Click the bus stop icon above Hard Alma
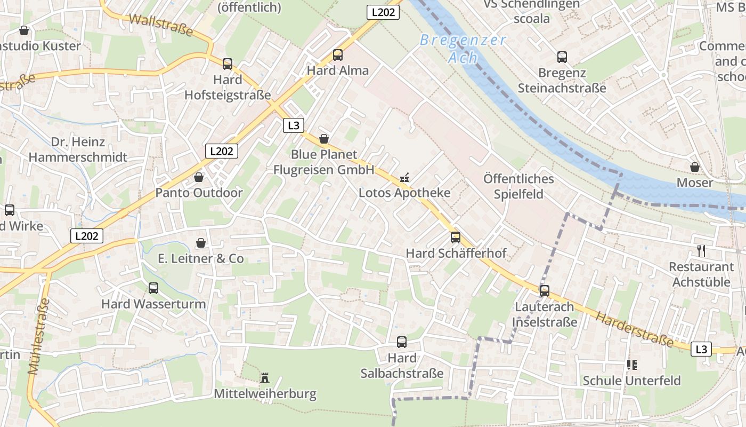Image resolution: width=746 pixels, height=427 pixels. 337,54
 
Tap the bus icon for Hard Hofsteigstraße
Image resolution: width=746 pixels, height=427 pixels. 228,64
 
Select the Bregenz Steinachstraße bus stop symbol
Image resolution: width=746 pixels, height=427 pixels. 562,57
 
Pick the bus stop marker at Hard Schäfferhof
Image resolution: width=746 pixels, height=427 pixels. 456,238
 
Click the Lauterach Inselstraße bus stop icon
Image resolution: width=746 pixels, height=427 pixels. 544,291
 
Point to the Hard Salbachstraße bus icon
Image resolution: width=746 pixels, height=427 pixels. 402,342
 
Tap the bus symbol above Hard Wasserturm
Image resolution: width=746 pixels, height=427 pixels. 153,288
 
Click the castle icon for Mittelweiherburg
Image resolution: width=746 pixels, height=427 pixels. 265,378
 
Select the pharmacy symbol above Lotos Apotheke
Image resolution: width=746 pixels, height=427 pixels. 404,178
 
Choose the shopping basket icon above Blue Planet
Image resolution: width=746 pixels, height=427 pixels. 324,139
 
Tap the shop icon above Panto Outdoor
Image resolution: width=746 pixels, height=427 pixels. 199,177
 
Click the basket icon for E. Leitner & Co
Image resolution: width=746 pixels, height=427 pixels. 201,243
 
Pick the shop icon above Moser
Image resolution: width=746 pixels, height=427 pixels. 695,167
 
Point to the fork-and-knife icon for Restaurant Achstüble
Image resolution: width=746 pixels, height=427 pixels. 701,250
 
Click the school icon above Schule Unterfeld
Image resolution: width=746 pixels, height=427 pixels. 632,365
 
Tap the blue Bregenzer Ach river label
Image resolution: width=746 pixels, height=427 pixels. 463,48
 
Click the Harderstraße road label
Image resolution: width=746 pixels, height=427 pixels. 634,329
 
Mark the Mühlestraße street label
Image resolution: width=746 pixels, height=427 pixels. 38,336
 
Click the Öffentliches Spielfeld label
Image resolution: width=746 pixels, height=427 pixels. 518,186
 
